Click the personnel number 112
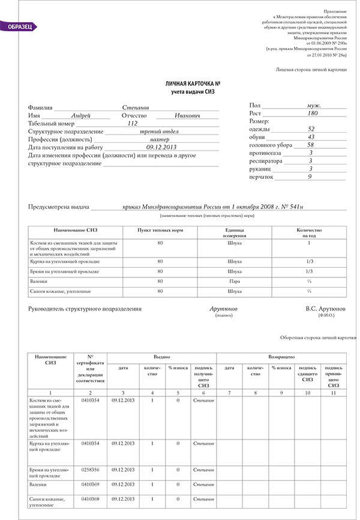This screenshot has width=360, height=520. coord(133,122)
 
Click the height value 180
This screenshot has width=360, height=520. coord(312,113)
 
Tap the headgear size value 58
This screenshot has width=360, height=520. coord(311,145)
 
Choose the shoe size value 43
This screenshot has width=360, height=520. coord(311,137)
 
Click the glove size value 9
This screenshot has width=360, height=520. coord(310,177)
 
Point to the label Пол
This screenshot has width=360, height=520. coord(255,105)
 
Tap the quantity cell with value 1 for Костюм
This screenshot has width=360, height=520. coord(309,243)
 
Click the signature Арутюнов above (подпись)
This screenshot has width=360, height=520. coord(223,308)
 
